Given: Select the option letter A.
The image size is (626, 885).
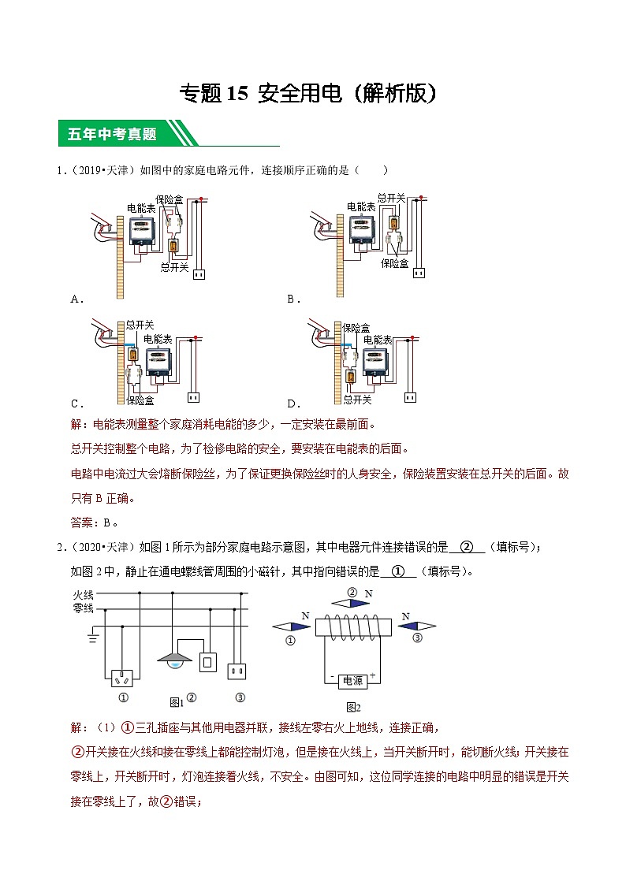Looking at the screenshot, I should [76, 299].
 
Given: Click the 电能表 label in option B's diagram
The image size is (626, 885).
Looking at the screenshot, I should [360, 206].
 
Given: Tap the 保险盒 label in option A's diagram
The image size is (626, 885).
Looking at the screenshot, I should [170, 199].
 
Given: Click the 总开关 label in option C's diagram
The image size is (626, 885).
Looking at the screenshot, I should [140, 324].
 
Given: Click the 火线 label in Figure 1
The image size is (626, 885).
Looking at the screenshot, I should [83, 595].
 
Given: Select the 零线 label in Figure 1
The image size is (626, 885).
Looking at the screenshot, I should [83, 608].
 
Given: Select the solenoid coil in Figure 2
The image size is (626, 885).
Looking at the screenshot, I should [353, 627].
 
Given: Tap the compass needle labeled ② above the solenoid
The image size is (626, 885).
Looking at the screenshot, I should [352, 602].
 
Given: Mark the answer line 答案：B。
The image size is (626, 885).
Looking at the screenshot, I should [94, 521].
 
